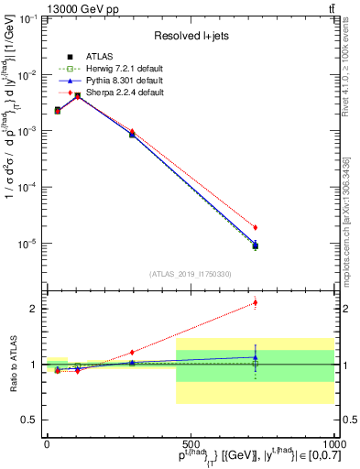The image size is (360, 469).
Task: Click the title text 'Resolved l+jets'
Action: coord(189,36)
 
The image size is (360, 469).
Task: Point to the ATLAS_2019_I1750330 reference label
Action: coord(190,274)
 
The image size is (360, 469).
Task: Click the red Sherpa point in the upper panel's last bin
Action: coord(255,227)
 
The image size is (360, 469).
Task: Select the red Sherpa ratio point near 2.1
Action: coord(255,302)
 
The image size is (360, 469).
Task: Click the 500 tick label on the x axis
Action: coord(191,443)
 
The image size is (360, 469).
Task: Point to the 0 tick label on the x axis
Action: coord(47,443)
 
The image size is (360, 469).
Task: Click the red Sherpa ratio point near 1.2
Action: coord(132,352)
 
